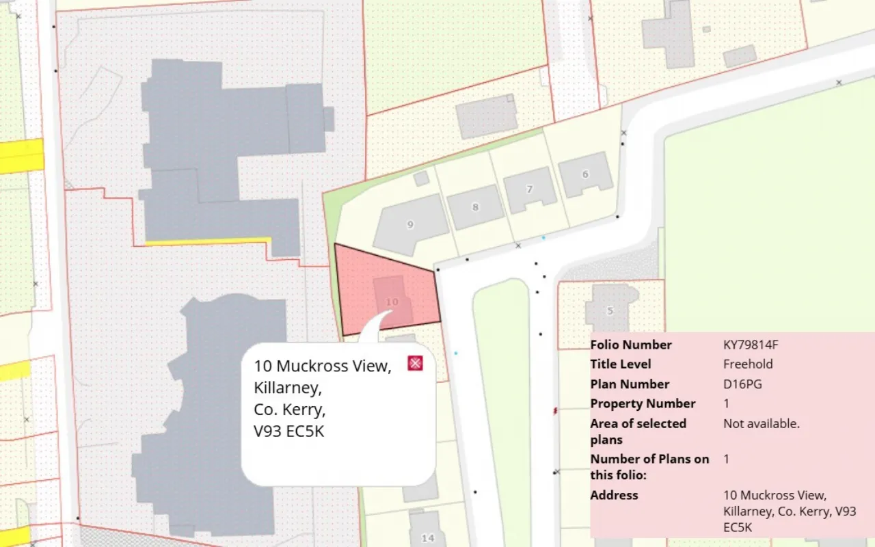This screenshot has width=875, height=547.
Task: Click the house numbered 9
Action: pyautogui.click(x=410, y=224)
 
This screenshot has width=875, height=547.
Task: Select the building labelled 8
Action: pyautogui.click(x=476, y=206)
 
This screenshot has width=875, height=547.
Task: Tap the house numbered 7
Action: pyautogui.click(x=529, y=189)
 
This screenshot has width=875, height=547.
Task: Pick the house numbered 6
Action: pyautogui.click(x=585, y=174)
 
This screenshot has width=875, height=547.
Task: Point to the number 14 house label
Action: pyautogui.click(x=428, y=537)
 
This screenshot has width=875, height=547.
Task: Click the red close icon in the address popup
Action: pyautogui.click(x=415, y=363)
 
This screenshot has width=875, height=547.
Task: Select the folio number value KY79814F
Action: pyautogui.click(x=751, y=345)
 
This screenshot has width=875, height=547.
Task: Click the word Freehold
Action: pyautogui.click(x=748, y=364)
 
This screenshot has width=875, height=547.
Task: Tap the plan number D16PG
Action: pyautogui.click(x=742, y=384)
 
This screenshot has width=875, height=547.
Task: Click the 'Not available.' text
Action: pyautogui.click(x=761, y=424)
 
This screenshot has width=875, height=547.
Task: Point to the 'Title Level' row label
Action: pyautogui.click(x=621, y=364)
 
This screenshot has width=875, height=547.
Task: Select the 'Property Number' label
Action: pyautogui.click(x=643, y=404)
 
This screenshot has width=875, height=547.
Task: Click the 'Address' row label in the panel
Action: pyautogui.click(x=614, y=495)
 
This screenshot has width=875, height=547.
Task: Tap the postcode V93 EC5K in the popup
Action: pyautogui.click(x=288, y=432)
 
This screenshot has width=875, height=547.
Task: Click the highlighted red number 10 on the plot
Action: pyautogui.click(x=392, y=302)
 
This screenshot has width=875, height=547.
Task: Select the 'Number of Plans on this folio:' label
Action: pyautogui.click(x=649, y=466)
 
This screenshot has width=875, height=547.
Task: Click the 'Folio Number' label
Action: pyautogui.click(x=631, y=345)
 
